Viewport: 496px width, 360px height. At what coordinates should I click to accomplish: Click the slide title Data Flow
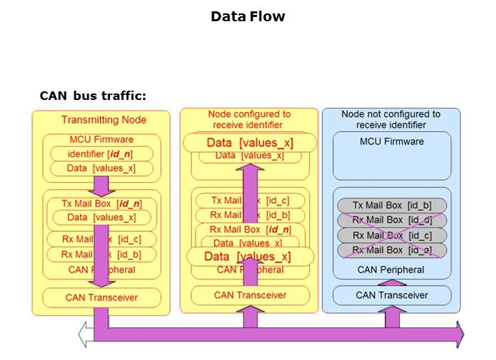(x=247, y=16)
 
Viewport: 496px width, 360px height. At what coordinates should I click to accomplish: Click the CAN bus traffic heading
(x=93, y=96)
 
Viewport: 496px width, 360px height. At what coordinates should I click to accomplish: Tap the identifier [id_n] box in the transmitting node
(x=101, y=154)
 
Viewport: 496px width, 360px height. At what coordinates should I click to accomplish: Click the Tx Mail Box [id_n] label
(x=101, y=203)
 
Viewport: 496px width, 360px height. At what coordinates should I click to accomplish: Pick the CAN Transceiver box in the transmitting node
(x=101, y=297)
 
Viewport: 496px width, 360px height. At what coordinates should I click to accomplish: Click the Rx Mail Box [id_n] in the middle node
(x=250, y=229)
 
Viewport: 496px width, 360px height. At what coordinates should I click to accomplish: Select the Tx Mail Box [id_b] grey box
(x=392, y=206)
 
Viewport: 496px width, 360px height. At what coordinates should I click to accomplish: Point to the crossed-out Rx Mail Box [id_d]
(x=392, y=220)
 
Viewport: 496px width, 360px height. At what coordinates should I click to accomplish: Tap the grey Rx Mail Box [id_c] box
(x=392, y=235)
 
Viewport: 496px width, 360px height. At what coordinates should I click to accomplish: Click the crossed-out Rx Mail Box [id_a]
(x=392, y=250)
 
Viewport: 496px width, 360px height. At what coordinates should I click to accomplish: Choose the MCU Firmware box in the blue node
(x=392, y=156)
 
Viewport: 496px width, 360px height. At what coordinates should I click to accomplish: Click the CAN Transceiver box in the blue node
(x=392, y=295)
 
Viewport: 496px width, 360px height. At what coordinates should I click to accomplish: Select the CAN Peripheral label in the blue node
(x=392, y=269)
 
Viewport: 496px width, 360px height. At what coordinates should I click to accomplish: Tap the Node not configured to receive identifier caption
(x=390, y=119)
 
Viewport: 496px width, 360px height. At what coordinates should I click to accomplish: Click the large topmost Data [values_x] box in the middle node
(x=249, y=143)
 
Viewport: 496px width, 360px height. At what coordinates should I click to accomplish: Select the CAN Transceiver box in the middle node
(x=250, y=295)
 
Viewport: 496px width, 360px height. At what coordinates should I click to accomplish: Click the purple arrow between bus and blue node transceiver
(x=392, y=316)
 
